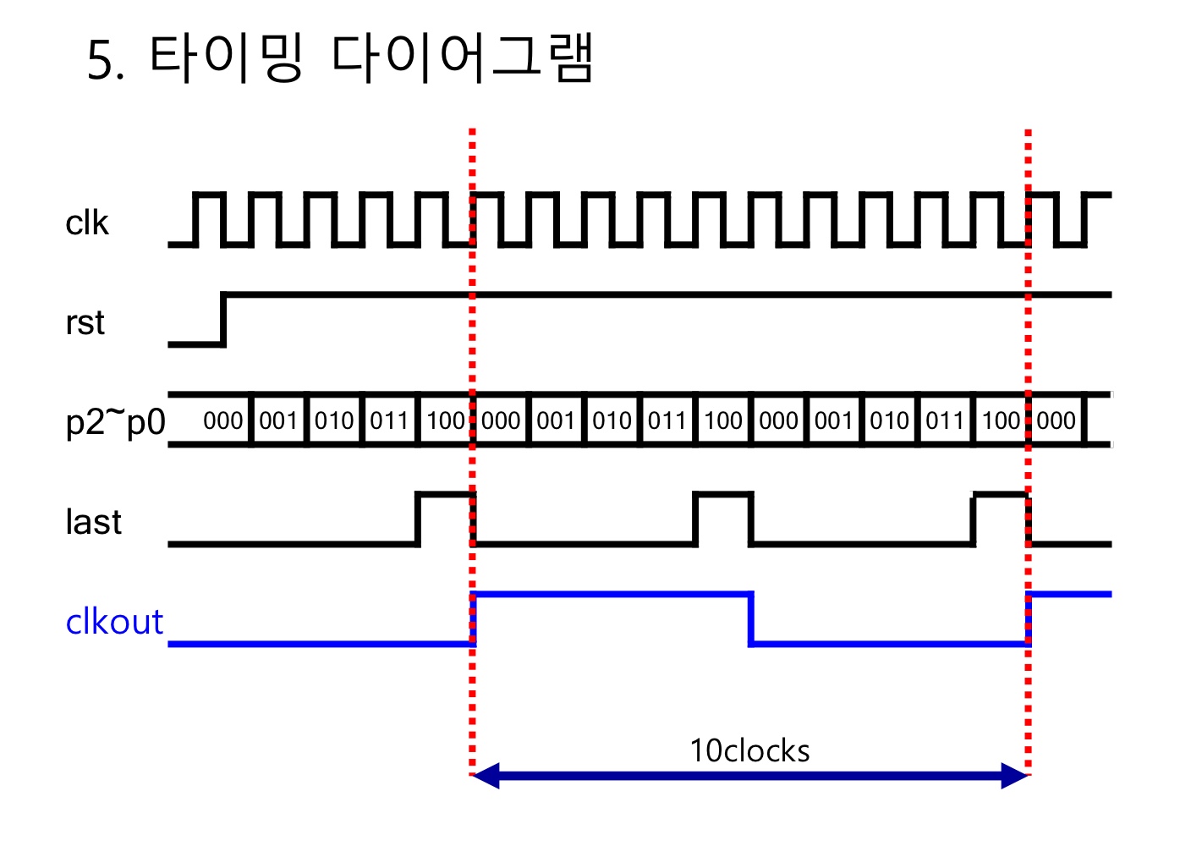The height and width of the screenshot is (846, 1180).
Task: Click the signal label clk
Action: point(87,223)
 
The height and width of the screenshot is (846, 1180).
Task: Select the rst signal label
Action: point(85,322)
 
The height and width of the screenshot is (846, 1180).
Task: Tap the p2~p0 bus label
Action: point(115,420)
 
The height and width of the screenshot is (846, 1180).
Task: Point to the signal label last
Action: point(93,522)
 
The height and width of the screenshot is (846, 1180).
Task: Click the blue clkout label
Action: point(114,622)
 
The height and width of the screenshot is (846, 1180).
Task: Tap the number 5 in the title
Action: point(101,61)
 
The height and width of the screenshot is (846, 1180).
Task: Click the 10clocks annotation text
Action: point(749,750)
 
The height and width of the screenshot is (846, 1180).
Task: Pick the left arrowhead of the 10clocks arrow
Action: point(486,775)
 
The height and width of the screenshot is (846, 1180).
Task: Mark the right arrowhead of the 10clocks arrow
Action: point(1014,775)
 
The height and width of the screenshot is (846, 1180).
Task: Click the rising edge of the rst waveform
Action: point(223,320)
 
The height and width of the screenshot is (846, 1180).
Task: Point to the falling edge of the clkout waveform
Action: point(750,619)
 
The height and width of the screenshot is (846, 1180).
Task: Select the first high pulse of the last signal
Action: point(446,495)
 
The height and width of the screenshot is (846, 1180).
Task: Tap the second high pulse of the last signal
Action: point(722,495)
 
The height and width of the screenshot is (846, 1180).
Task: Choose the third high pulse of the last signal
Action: point(1001,495)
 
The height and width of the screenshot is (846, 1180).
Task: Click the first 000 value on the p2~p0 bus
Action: point(223,420)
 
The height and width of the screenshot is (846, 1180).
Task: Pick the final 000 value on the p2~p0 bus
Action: point(1057,420)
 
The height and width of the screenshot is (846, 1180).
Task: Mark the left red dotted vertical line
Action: point(472,694)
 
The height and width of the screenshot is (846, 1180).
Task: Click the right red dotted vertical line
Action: point(1028,694)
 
